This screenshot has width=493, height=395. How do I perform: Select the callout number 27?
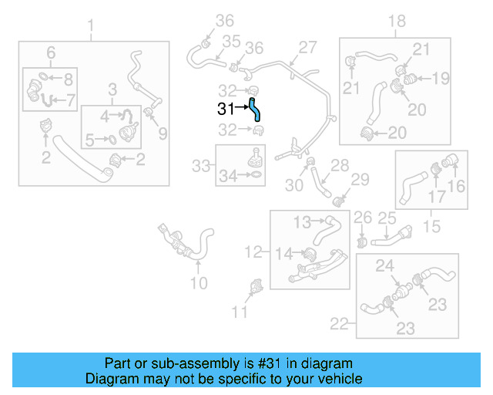(308, 47)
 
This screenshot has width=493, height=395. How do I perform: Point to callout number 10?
(199, 283)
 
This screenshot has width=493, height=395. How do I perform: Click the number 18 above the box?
(396, 21)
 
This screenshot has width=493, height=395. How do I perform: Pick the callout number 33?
(201, 165)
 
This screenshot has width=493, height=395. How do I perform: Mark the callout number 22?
(340, 324)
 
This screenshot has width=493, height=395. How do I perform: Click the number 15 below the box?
(432, 227)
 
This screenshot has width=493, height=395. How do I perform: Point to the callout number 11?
(240, 312)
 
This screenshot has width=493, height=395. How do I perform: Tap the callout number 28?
(340, 164)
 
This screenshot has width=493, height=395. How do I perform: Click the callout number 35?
(232, 40)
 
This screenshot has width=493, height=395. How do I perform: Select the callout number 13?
(302, 221)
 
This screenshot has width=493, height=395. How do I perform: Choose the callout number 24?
(384, 266)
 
